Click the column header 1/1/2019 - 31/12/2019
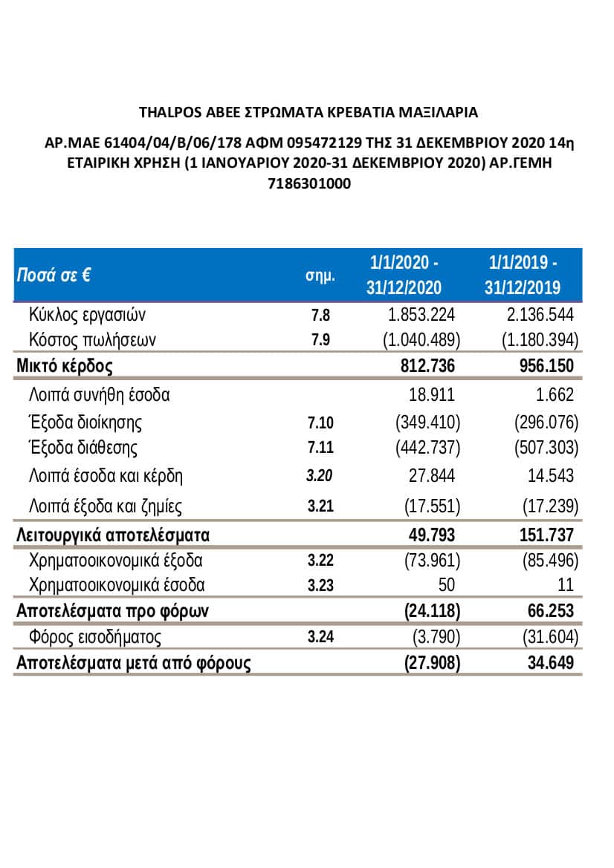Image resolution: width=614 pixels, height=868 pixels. click(x=523, y=275)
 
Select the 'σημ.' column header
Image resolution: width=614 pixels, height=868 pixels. click(x=320, y=275)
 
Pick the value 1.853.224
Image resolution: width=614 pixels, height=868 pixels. click(x=422, y=314)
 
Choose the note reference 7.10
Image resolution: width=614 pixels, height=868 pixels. click(x=320, y=422)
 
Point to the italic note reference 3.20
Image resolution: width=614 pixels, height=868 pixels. click(x=320, y=476)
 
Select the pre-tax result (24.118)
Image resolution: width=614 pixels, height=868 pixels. click(x=433, y=610)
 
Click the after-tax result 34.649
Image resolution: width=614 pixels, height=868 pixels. click(x=551, y=662)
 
